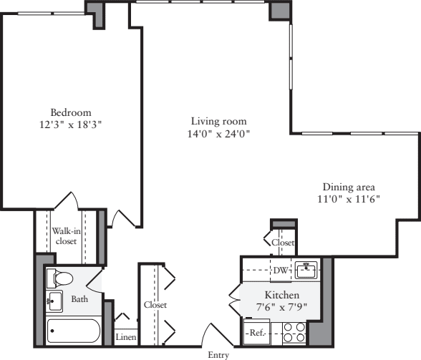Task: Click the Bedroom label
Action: coord(71,112)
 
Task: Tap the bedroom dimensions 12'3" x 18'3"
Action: coord(71,124)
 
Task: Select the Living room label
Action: coord(218,121)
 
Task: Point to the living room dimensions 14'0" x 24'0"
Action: coord(218,133)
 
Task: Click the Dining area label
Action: coord(349,187)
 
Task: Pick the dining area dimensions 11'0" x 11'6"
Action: coord(349,199)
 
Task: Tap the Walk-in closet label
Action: coord(66,236)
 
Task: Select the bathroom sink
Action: coord(54,301)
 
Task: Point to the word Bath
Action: coord(79,299)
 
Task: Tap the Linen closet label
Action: coord(125,336)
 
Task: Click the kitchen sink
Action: coord(306,269)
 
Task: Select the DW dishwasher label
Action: coord(280,270)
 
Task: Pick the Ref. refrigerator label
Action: coord(256,333)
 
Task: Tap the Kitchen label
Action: coord(282,295)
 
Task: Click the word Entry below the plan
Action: coord(218,354)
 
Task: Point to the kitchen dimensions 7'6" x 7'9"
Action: coord(282,306)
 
